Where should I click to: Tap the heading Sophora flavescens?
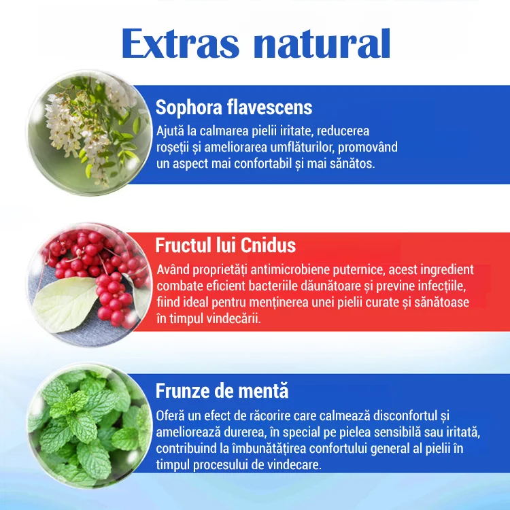(x=234, y=107)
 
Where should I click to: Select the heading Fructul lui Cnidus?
(x=225, y=245)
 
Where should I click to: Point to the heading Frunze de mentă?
(x=222, y=391)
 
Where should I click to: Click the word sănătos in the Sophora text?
(x=350, y=164)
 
